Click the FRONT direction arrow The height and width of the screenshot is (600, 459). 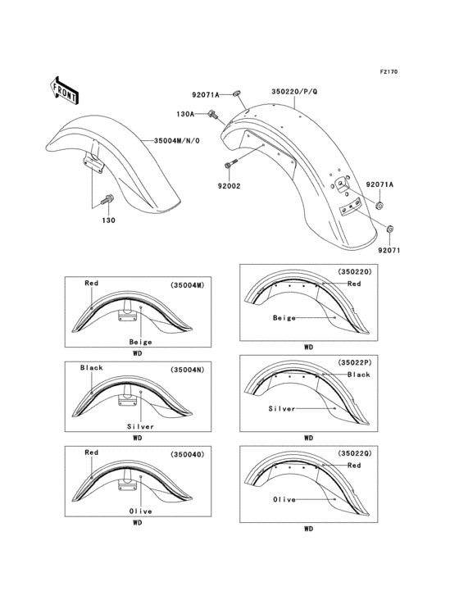64,88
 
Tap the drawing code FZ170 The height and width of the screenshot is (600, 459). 388,72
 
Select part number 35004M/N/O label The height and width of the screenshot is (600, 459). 182,140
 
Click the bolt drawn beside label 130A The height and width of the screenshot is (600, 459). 212,114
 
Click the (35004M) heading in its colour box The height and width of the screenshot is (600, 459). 189,285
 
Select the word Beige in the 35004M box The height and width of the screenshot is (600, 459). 140,341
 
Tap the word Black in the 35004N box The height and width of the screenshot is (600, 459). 92,368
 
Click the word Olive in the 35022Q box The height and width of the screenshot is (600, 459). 284,498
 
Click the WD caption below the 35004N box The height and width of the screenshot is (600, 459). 138,439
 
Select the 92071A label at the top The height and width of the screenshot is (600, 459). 207,94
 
